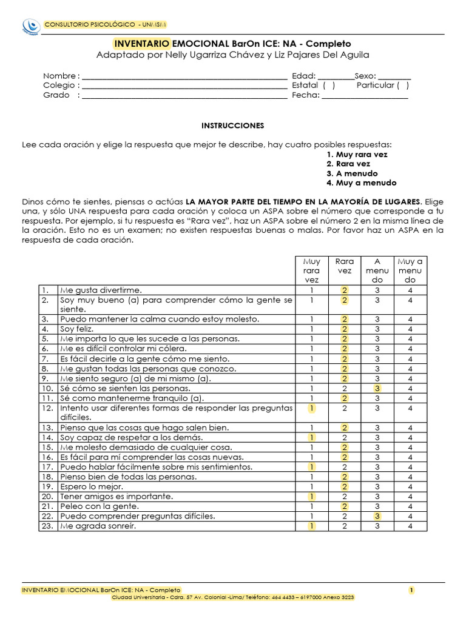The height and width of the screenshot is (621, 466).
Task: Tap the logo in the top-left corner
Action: [31, 25]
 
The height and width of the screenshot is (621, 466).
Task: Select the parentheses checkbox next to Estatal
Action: [329, 86]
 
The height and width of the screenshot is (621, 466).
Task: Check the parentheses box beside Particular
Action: [403, 86]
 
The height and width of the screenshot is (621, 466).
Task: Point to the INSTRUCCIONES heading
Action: [233, 126]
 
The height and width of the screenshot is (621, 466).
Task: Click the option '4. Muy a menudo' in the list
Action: [361, 183]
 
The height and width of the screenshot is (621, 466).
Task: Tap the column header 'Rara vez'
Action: [344, 266]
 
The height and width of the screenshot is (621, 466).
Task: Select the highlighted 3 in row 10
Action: [377, 388]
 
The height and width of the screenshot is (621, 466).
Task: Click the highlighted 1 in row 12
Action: [311, 408]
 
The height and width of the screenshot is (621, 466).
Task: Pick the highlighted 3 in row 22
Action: [377, 516]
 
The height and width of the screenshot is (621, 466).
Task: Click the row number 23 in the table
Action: [46, 526]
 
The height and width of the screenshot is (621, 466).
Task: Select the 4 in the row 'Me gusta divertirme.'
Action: [410, 290]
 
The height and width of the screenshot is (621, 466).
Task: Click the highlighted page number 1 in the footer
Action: [411, 590]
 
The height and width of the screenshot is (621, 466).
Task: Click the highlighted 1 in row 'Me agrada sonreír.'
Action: [311, 526]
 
